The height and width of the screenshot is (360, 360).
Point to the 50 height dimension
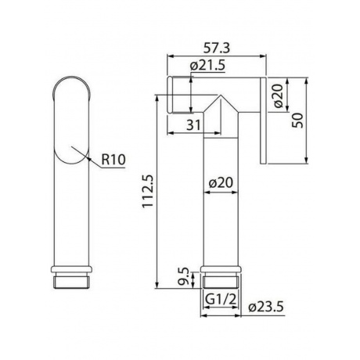click(x=297, y=121)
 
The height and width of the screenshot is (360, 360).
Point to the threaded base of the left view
click(x=74, y=279)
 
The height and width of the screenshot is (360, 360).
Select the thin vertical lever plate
click(x=265, y=121)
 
